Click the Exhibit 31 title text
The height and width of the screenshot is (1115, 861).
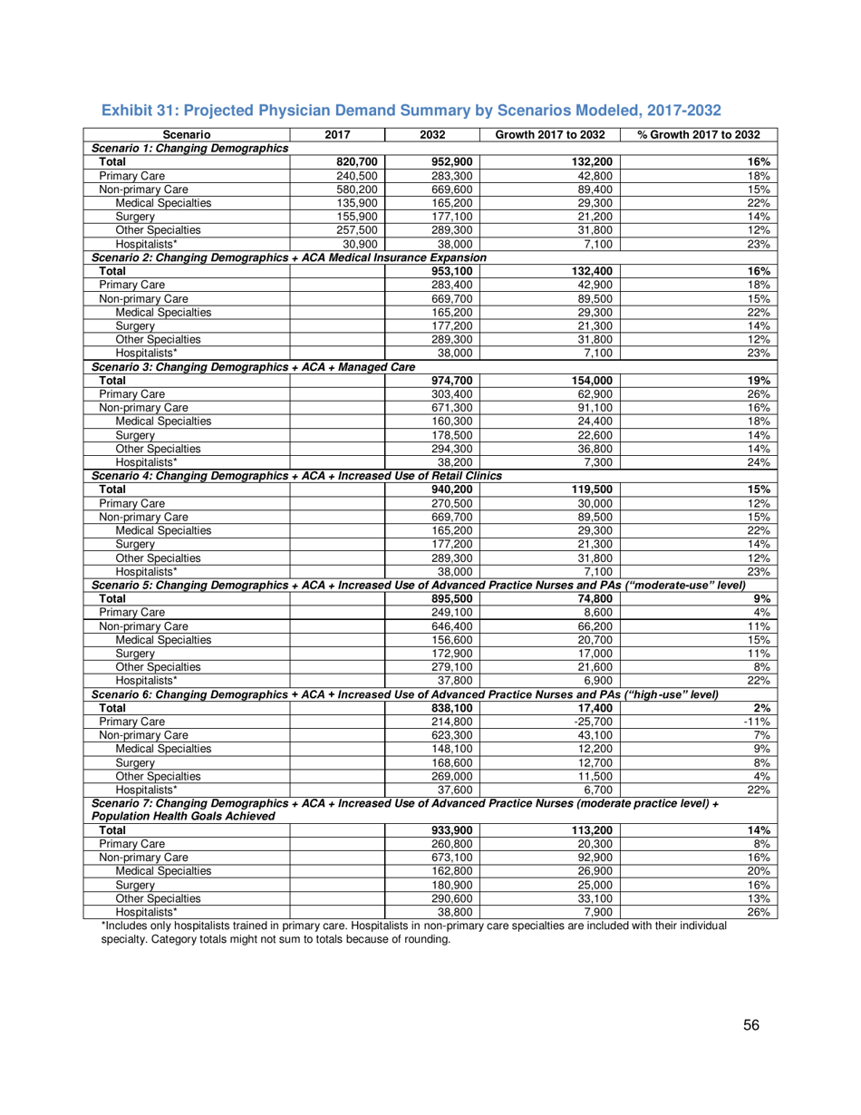tap(411, 111)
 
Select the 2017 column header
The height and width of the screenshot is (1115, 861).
tap(336, 135)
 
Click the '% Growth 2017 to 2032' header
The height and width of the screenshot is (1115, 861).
tap(698, 135)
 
